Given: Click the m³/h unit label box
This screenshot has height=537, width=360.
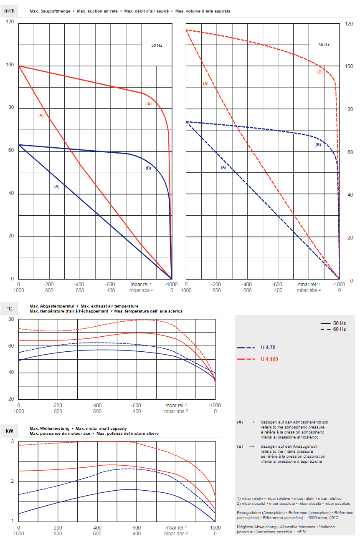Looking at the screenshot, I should [9, 10].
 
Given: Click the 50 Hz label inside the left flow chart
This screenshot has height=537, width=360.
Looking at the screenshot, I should [157, 45].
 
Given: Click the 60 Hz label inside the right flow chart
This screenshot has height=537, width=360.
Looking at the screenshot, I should [324, 45].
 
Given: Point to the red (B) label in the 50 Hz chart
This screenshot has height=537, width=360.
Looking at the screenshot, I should [149, 103].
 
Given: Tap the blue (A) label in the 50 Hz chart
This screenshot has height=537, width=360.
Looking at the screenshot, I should [57, 187].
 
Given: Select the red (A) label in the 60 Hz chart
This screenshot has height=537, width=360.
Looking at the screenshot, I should [205, 83].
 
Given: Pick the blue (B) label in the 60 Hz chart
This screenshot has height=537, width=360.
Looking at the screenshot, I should [318, 145].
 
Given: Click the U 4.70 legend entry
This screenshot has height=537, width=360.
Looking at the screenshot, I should [268, 348].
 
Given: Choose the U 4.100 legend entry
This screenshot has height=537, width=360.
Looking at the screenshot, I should [269, 359].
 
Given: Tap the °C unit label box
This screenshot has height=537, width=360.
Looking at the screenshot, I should [9, 309].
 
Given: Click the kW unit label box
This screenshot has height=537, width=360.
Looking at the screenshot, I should [9, 430].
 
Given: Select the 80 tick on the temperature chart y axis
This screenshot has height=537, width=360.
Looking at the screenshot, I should [11, 319].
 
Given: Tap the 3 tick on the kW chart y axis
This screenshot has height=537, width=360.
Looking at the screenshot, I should [13, 441].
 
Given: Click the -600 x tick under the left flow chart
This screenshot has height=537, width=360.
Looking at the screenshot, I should [111, 285].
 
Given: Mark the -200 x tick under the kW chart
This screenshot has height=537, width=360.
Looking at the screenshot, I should [58, 527].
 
